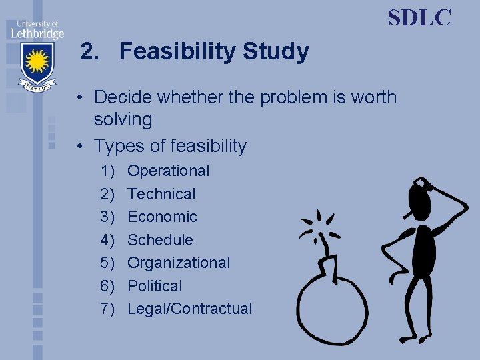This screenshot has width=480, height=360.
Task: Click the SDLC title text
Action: coord(419,18)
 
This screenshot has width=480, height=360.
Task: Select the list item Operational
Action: coord(168,171)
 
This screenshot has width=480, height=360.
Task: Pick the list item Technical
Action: coord(161,194)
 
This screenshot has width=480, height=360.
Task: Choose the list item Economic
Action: coord(162,217)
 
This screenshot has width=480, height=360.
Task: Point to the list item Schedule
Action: coord(160,240)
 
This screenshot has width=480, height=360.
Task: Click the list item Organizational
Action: coord(179,263)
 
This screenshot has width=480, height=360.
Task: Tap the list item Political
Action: coord(155,286)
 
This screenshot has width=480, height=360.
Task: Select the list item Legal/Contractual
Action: coord(190,309)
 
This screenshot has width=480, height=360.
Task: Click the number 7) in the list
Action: coord(108,309)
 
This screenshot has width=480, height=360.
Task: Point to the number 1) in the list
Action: coord(108,171)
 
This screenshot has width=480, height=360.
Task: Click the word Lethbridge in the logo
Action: coord(37,33)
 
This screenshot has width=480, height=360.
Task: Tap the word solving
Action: coord(123,120)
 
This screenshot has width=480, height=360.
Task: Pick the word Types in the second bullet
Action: coord(117,145)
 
